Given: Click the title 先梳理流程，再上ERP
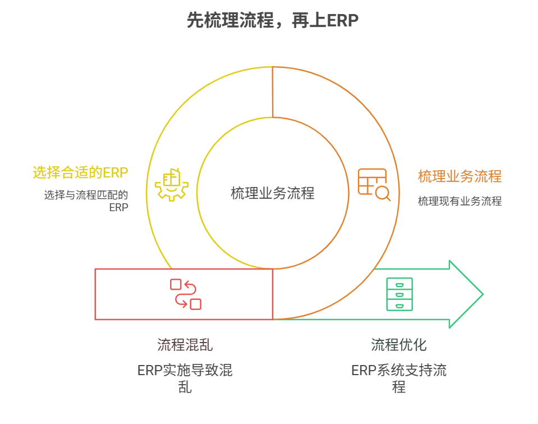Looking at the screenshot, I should pos(272,21).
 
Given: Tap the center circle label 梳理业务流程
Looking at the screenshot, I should pos(272,193).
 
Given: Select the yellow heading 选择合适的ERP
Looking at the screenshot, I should pos(80,172).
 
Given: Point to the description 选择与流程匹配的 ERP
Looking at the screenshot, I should pos(86,201).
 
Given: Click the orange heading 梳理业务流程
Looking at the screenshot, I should pos(459,176).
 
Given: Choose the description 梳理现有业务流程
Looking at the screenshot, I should pos(459,201).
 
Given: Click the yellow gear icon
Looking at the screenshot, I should pos(172,183).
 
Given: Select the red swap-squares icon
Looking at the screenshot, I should pos(186,294).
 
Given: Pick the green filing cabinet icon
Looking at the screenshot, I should pos(399,294).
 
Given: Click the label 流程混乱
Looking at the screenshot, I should pos(185,344).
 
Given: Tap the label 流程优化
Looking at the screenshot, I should pos(399,344).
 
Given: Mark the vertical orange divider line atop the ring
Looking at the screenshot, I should pos(273,92).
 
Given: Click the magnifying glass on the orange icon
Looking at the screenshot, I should pos(383,193).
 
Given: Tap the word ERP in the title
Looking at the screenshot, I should pos(342,21).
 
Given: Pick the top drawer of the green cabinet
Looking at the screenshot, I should pos(399,284).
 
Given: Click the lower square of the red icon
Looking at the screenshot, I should pos(196,304).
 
